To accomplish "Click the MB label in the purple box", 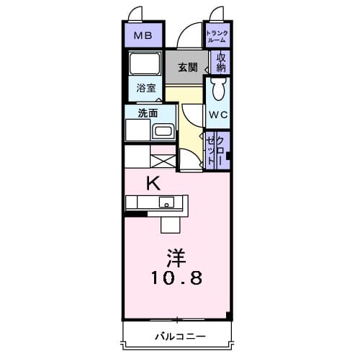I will [143, 34].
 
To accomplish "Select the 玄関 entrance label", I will [187, 67].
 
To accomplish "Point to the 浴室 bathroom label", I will [146, 89].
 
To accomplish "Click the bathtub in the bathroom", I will [146, 64].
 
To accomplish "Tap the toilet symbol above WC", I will [220, 89].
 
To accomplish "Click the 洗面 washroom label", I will [148, 112].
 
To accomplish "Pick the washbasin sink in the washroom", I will [163, 133].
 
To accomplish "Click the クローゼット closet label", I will [217, 150].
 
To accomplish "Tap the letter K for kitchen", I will [153, 182].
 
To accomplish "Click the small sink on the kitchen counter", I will [166, 202].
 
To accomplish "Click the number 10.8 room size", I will [176, 276].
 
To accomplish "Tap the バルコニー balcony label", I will [179, 336].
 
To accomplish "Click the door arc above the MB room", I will [134, 14].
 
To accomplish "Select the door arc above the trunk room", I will [217, 14].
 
